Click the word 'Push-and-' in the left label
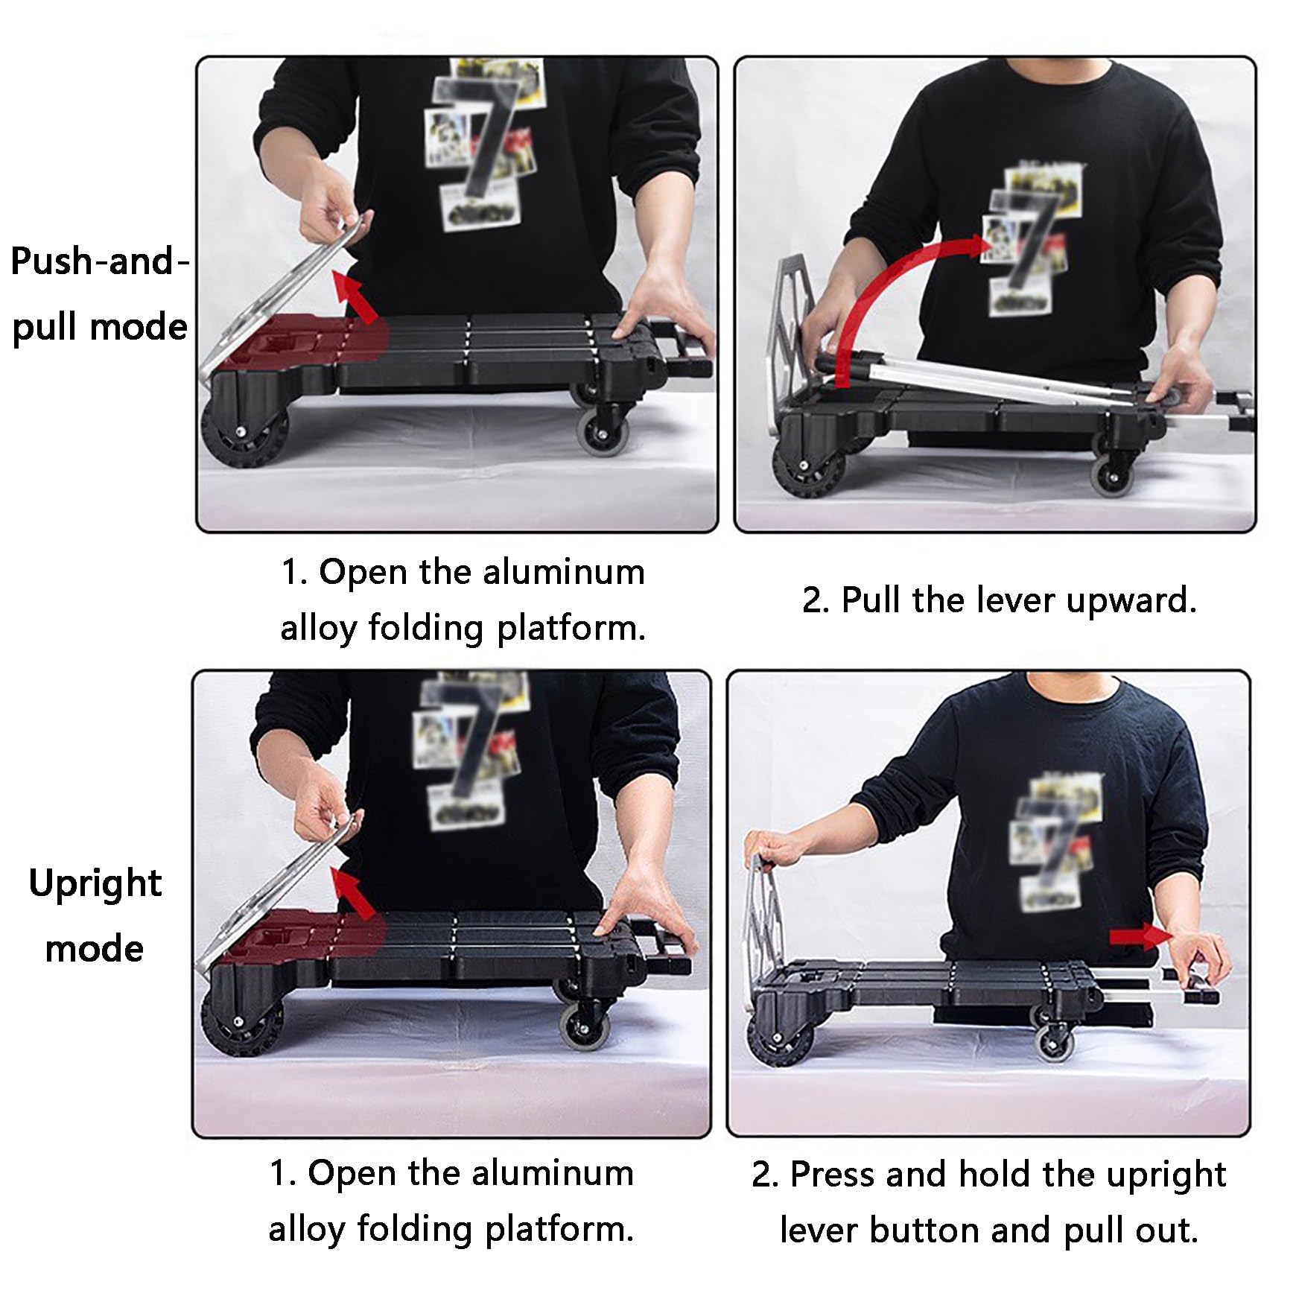(x=100, y=262)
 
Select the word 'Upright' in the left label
(x=95, y=885)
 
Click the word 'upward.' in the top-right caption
(x=1131, y=601)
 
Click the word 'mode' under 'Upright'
(x=95, y=950)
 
